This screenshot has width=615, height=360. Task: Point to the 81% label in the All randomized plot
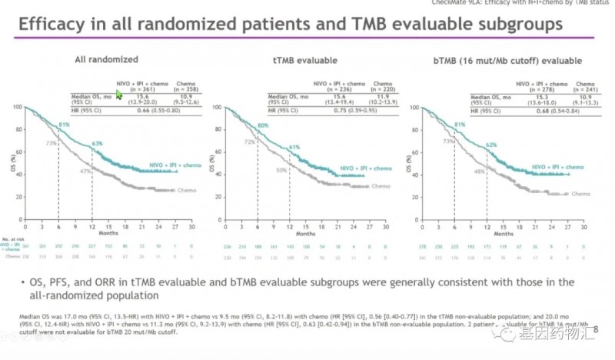coord(64,125)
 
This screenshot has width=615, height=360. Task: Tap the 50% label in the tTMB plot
coord(282,169)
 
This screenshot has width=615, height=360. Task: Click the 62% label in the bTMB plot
coord(491,145)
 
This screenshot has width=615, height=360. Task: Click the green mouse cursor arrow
coord(119,93)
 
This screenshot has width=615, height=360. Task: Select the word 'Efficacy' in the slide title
coord(52,24)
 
